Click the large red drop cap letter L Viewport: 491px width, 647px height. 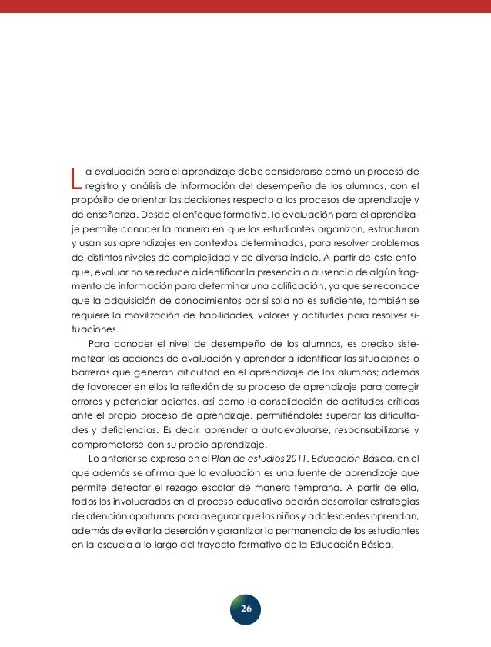pyautogui.click(x=75, y=177)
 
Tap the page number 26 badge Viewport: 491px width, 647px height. pyautogui.click(x=245, y=609)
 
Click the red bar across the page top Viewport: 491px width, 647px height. pyautogui.click(x=245, y=6)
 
